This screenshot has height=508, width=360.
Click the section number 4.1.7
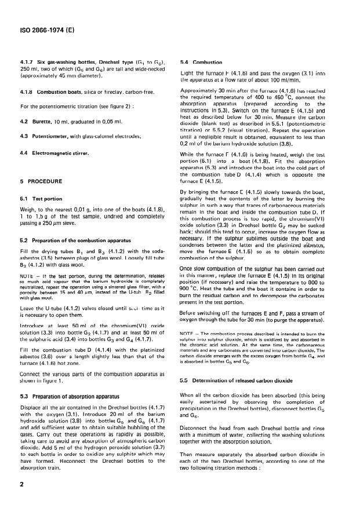26,61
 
